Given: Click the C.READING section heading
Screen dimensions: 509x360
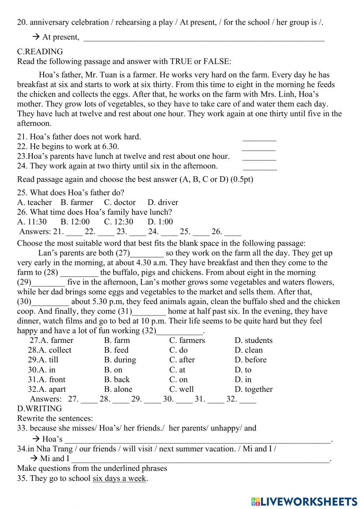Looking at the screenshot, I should point(40,52).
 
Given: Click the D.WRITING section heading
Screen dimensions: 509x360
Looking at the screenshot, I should point(39,408).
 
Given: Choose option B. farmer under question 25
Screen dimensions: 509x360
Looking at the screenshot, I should point(77,202).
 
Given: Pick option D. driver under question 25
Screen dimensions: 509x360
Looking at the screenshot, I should point(163,202).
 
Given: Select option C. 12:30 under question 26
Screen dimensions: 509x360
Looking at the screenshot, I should point(118,222).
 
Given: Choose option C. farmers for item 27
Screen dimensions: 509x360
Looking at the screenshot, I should point(187,340).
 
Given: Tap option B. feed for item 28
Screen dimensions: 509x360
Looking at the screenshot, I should point(116,350).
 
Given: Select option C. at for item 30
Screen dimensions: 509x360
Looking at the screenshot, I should point(177,370).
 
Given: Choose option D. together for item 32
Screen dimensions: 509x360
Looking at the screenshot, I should point(253,389).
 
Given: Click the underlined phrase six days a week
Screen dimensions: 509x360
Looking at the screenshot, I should point(120,479).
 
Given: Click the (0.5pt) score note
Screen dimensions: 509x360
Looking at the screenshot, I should point(242,179).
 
